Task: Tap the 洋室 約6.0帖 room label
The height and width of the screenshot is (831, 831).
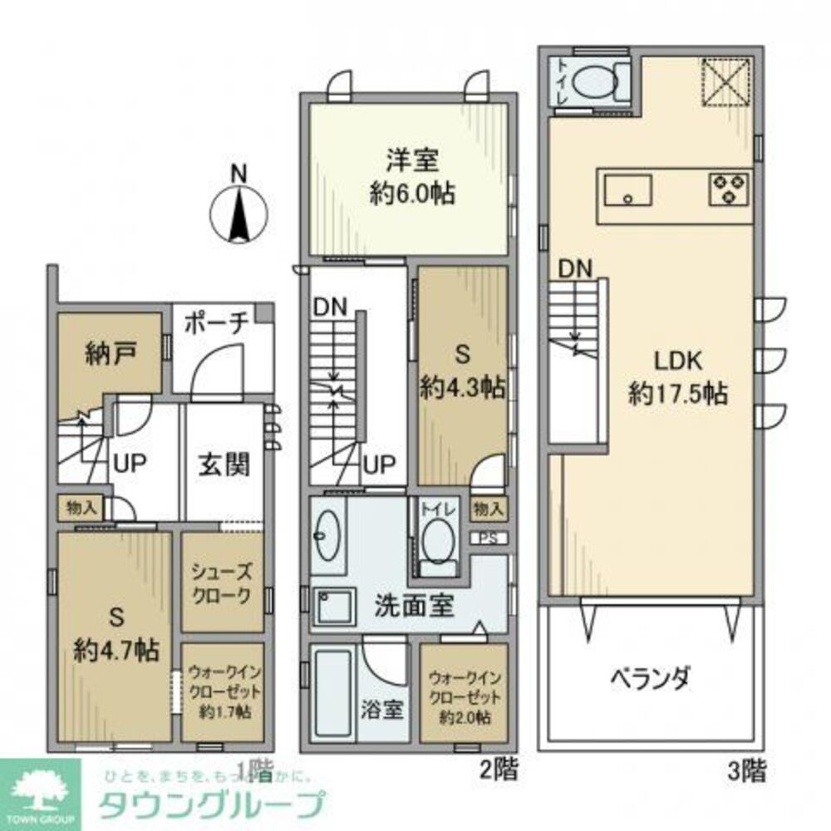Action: click(411, 176)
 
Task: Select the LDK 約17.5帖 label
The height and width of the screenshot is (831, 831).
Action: click(678, 377)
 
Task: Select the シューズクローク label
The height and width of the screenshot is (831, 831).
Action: click(221, 583)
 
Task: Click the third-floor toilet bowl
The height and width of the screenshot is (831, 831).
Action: click(596, 81)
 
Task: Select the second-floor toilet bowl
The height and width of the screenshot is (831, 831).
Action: click(437, 540)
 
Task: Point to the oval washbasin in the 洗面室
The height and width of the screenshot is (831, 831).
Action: click(327, 536)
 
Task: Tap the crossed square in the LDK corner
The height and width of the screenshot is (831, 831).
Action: click(727, 82)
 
